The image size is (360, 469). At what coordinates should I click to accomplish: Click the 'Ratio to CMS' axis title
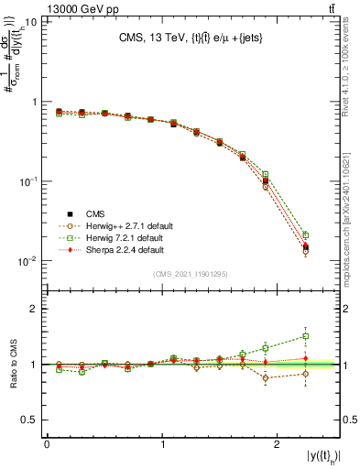12,365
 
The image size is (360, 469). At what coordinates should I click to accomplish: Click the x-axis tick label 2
278,444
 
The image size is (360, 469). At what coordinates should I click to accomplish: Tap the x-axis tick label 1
162,444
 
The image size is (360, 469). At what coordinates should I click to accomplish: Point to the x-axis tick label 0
47,444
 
